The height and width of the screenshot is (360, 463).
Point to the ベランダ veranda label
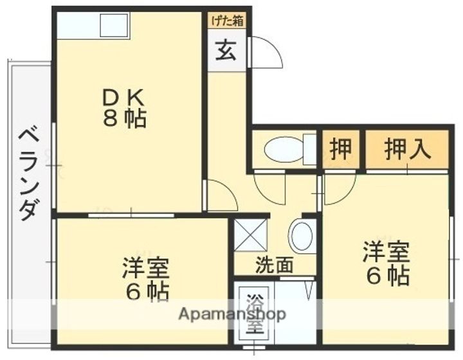[28, 172]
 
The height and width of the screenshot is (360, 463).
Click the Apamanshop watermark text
[231, 315]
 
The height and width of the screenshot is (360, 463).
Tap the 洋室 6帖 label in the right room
[386, 263]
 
